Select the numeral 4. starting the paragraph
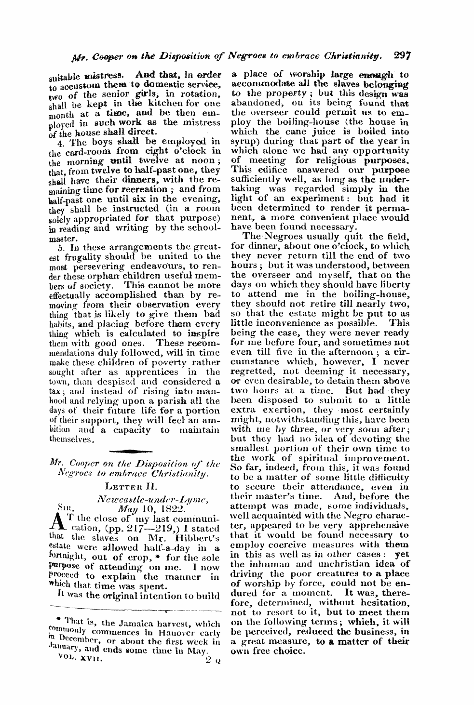point(61,142)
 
